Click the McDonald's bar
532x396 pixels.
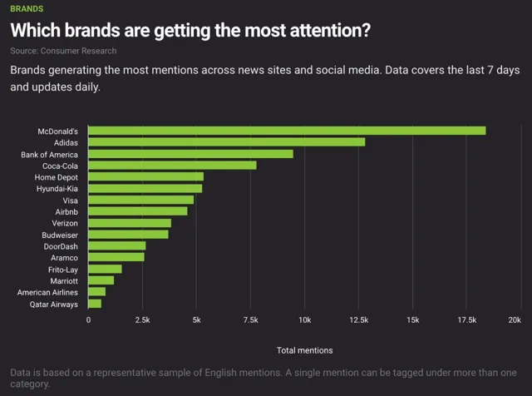point(287,131)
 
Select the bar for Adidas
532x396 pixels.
point(227,142)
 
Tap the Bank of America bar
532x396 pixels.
point(190,154)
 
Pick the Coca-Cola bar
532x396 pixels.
point(172,166)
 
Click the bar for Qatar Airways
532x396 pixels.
point(95,304)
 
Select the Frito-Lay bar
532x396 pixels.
point(105,269)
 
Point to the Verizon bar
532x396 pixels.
point(130,223)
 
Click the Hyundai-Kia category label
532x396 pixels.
point(57,189)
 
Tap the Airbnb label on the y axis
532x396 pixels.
point(66,212)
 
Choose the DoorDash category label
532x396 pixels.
point(61,246)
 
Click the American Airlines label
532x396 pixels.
point(47,292)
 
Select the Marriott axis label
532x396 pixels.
point(64,281)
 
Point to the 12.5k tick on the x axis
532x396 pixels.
point(358,320)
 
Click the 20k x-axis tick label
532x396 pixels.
point(515,320)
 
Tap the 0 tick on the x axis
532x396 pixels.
point(89,320)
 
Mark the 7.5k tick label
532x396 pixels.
point(251,320)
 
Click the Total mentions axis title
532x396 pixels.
point(305,350)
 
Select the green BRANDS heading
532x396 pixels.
point(27,9)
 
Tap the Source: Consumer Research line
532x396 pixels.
point(63,51)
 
